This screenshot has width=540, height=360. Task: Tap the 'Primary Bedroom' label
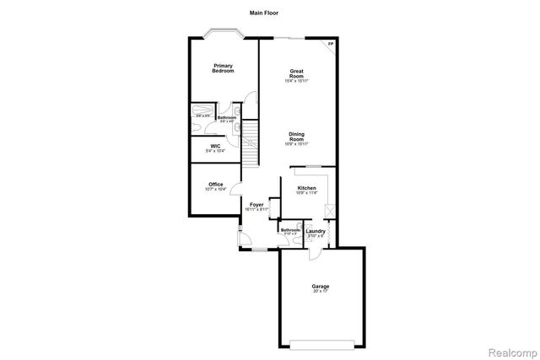click(223, 68)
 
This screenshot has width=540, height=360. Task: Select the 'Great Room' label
click(296, 73)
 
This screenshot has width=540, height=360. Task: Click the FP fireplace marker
click(331, 44)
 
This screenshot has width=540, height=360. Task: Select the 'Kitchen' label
click(306, 188)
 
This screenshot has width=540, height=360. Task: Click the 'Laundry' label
click(316, 230)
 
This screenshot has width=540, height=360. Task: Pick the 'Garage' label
click(320, 287)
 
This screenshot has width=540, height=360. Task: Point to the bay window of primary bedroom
click(224, 33)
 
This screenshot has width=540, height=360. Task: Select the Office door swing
click(237, 191)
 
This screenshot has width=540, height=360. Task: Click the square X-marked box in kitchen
click(331, 211)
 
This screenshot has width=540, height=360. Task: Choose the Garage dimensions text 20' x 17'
click(320, 292)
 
